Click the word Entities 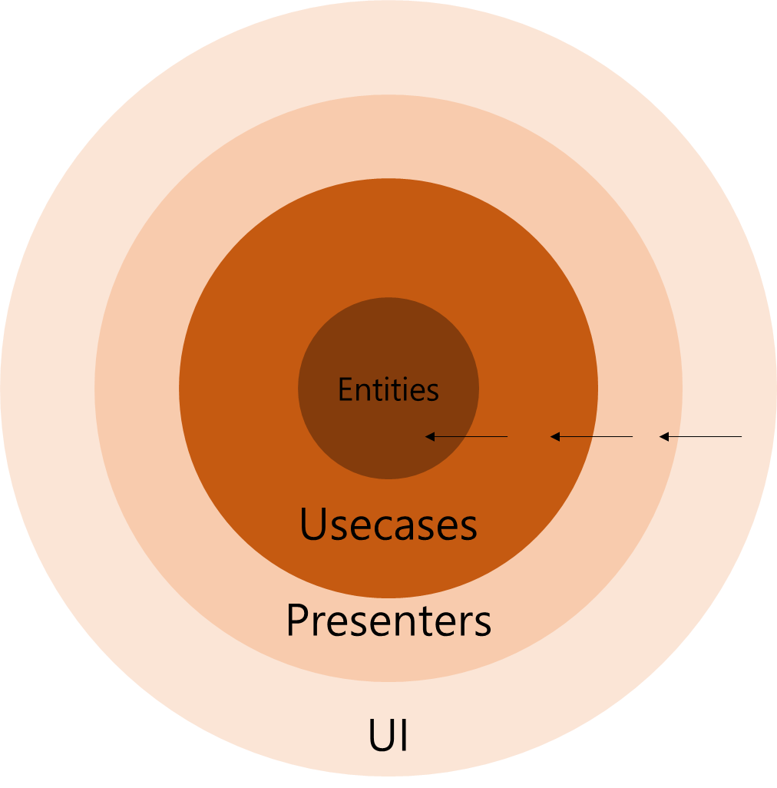(x=388, y=390)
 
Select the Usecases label (x=388, y=526)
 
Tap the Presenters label (x=388, y=621)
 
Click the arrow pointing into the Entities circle (x=467, y=437)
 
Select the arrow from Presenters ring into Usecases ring (x=592, y=437)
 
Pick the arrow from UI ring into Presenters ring (x=701, y=437)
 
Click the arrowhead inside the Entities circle (x=430, y=437)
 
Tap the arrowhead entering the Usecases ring (x=555, y=437)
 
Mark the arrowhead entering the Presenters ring (x=664, y=437)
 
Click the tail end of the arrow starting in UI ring (x=740, y=437)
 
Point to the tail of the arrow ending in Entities (x=506, y=437)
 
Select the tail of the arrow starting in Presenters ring (x=631, y=437)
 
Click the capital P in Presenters (x=298, y=621)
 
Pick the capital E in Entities (x=345, y=390)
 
